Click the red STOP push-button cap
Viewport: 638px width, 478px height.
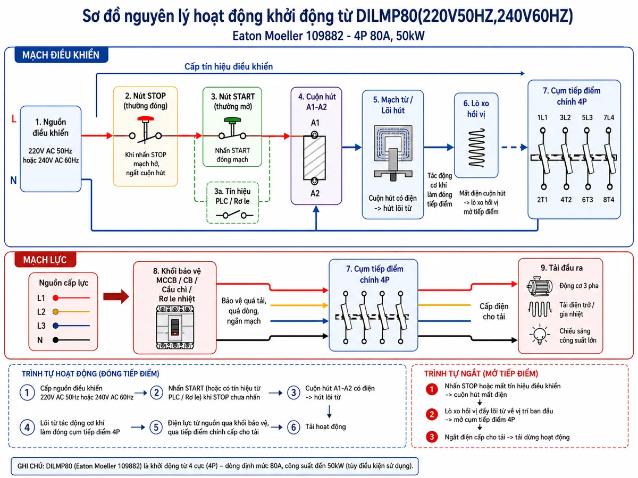[x=145, y=119]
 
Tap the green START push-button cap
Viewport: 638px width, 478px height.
[x=232, y=120]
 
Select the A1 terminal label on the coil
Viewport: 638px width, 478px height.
[x=315, y=123]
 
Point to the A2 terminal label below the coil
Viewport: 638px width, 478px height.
[x=315, y=193]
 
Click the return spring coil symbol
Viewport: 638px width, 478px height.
[x=476, y=148]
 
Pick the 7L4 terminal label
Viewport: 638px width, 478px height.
[x=608, y=117]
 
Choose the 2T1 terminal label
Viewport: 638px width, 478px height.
[x=542, y=200]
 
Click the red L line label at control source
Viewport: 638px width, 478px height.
[x=14, y=118]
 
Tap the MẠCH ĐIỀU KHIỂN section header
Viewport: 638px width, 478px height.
[x=61, y=55]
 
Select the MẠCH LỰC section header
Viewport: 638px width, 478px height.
[x=45, y=260]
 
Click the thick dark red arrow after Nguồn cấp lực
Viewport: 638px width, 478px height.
[x=116, y=296]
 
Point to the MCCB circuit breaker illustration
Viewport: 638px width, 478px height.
[x=175, y=327]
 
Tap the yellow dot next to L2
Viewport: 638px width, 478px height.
[x=55, y=312]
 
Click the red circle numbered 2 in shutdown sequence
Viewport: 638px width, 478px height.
[x=432, y=414]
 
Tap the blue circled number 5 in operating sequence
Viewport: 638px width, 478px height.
[x=156, y=427]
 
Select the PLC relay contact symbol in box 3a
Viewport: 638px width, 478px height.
[x=234, y=215]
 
